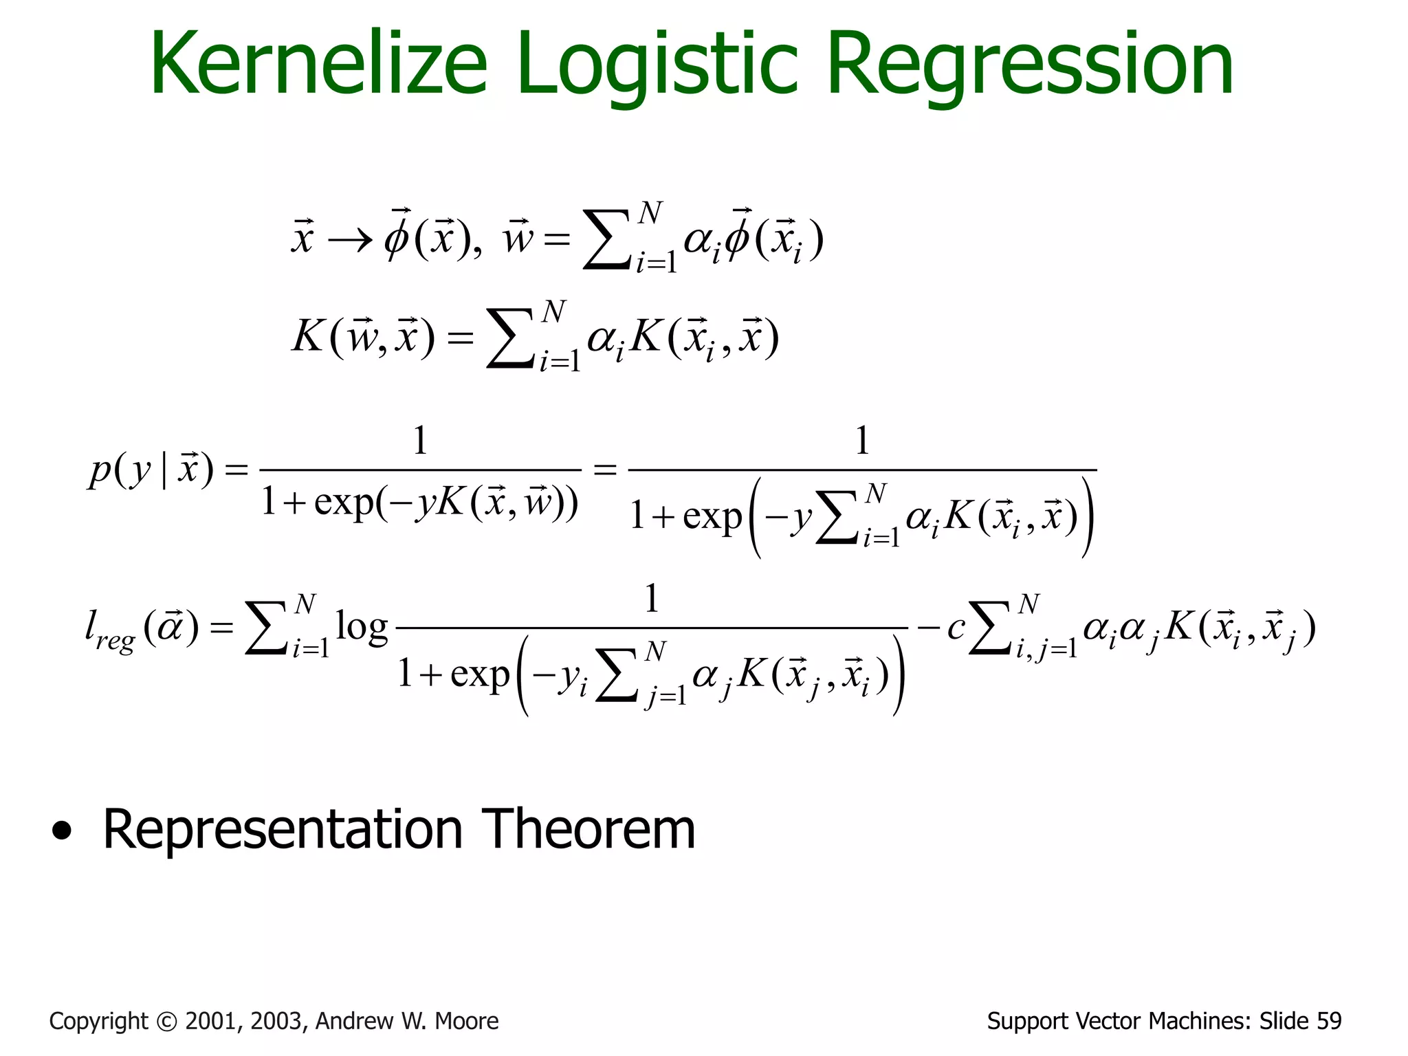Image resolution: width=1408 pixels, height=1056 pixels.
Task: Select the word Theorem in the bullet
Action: click(x=588, y=830)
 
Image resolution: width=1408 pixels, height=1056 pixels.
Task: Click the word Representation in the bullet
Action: click(x=283, y=830)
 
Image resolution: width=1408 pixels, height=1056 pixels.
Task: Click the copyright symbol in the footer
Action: click(x=166, y=1022)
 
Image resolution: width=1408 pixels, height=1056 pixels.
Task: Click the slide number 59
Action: click(x=1328, y=1022)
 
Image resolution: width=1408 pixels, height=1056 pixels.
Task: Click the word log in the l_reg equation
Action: click(x=361, y=627)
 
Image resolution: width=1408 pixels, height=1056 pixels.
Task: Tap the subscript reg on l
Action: click(x=115, y=641)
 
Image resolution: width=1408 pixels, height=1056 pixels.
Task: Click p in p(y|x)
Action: click(x=100, y=472)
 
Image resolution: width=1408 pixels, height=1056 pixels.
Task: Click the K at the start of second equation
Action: click(x=307, y=337)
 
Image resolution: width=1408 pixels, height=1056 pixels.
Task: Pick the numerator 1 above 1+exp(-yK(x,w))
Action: click(x=420, y=441)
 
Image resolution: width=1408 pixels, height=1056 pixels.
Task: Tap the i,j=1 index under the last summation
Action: click(x=1046, y=649)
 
